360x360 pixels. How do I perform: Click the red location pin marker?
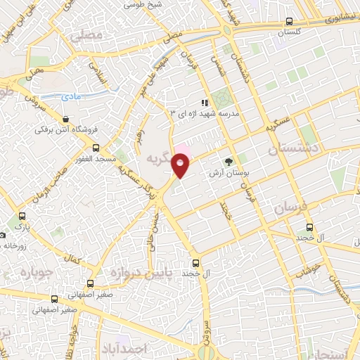(181, 165)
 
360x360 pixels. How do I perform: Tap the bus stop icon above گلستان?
(290, 22)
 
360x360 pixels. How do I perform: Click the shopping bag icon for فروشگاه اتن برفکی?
(65, 119)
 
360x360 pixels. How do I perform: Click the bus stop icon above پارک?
(23, 217)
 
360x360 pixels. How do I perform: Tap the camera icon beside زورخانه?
(2, 235)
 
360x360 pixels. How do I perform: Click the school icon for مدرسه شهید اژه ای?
(205, 103)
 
